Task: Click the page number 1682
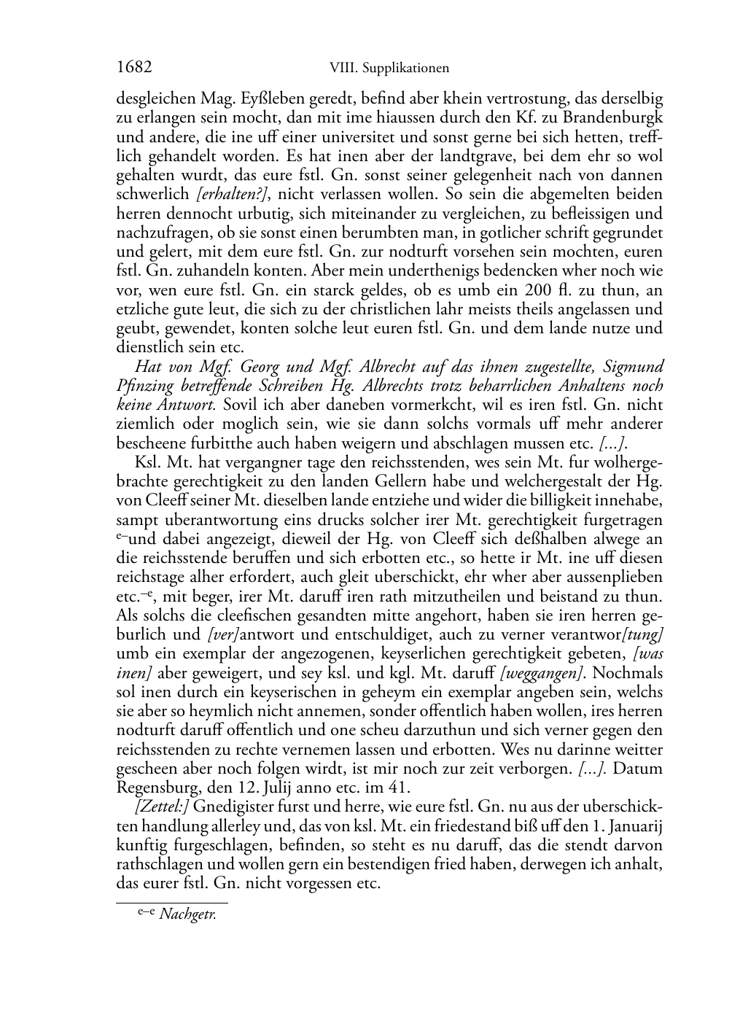[134, 68]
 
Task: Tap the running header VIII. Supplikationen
[389, 69]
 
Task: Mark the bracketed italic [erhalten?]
[233, 195]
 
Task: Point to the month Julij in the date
[281, 788]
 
